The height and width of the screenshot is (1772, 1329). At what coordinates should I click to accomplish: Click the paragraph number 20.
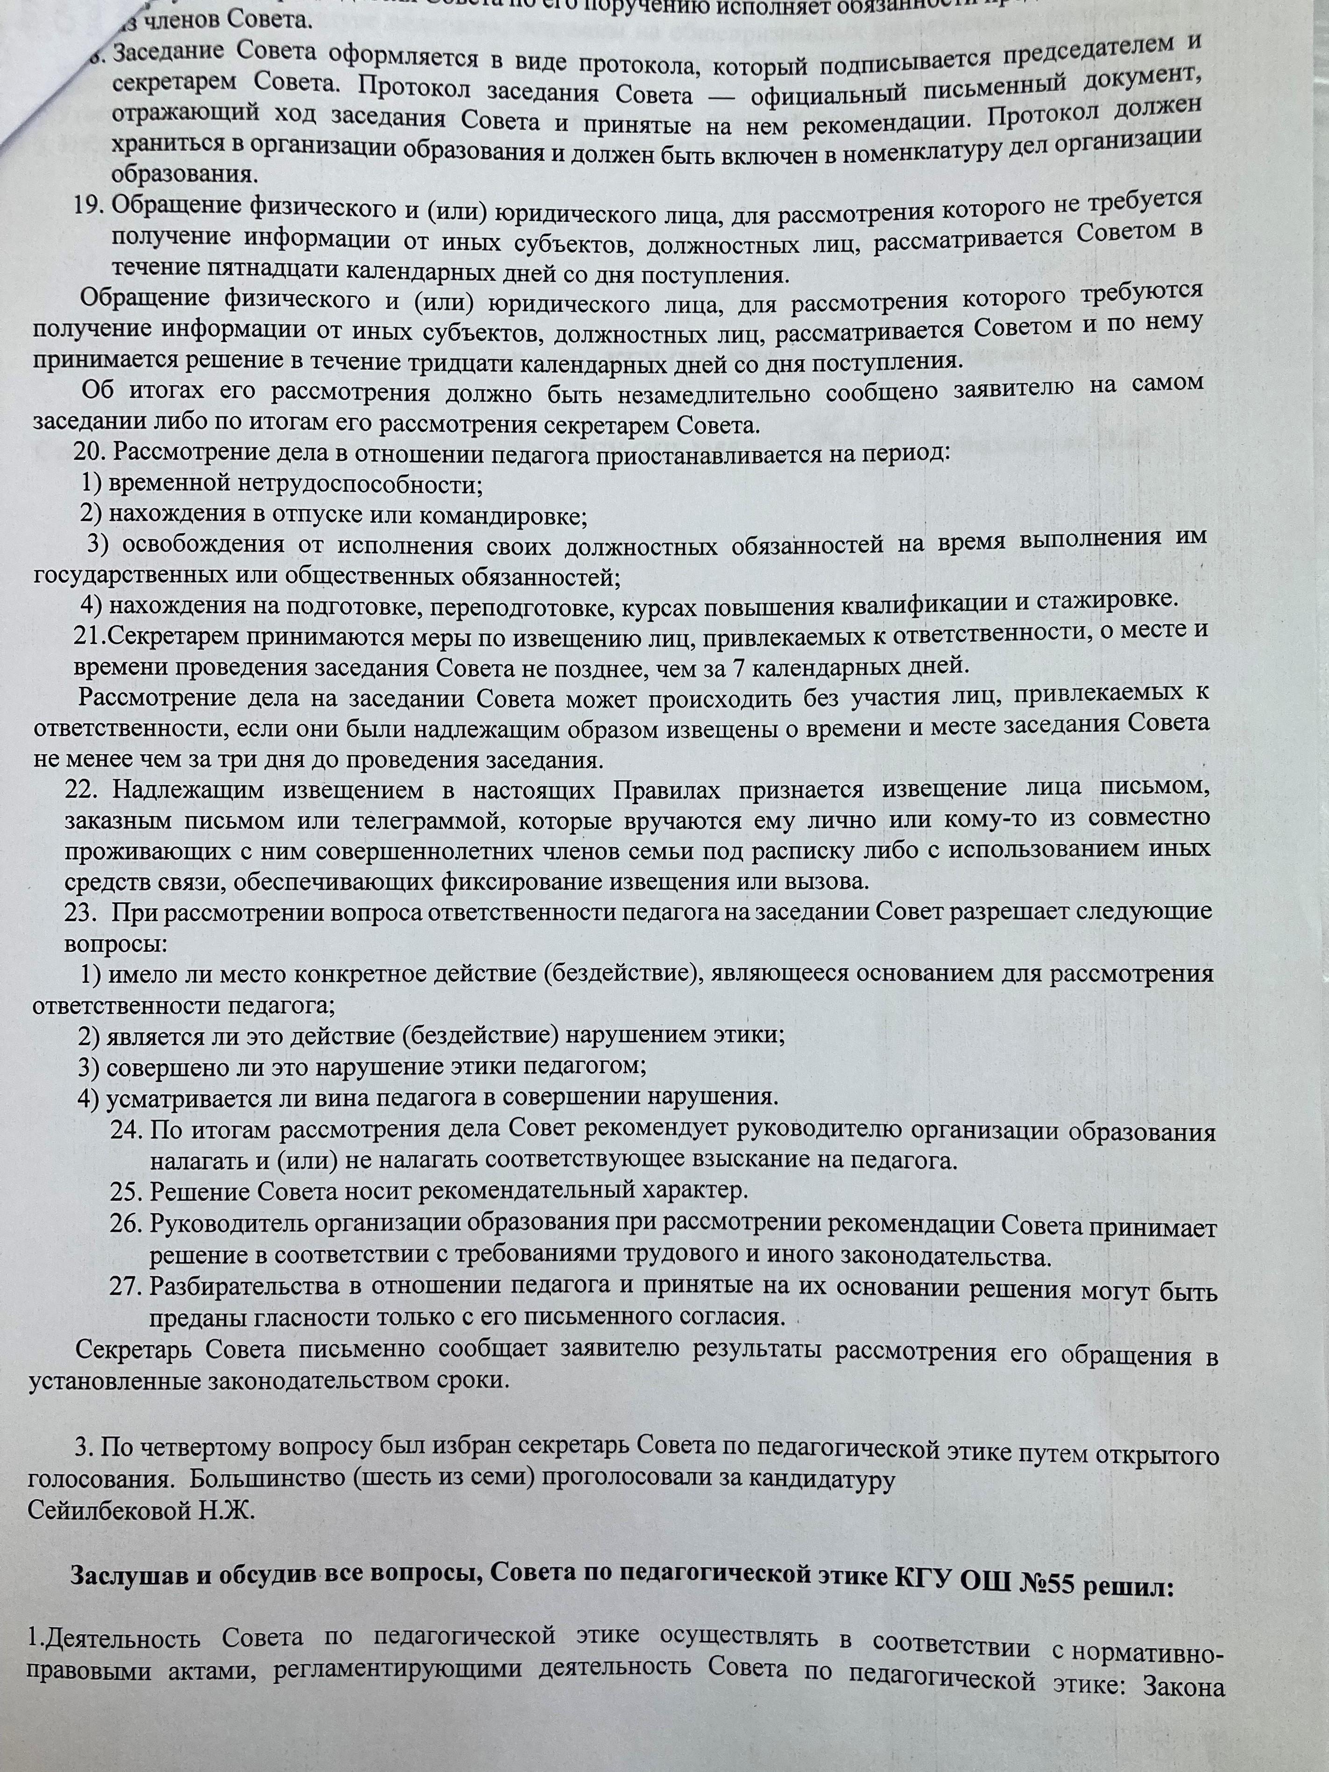90,452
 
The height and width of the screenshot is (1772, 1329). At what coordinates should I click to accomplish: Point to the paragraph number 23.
80,912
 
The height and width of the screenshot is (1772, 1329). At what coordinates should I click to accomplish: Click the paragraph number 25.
126,1190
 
